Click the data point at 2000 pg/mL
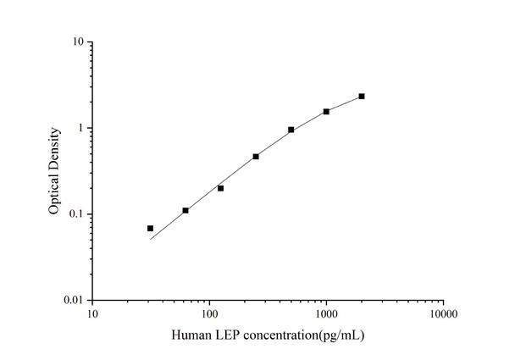tap(362, 97)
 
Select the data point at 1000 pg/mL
tap(326, 111)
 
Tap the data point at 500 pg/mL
tap(291, 130)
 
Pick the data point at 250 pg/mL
tap(256, 157)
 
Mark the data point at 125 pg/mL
tap(220, 188)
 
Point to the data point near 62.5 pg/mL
tap(186, 210)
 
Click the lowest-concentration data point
tap(150, 229)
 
